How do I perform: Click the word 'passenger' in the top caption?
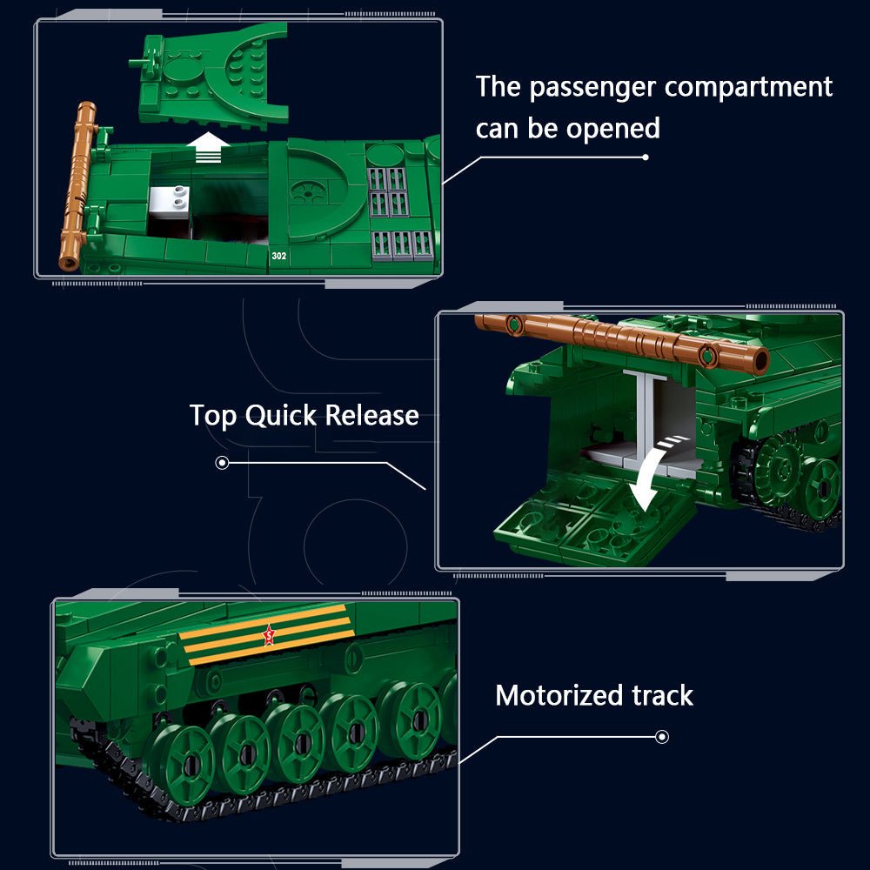coord(591,87)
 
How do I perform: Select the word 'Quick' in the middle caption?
coord(280,415)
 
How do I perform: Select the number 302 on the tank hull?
coord(278,256)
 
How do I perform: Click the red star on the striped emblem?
coord(268,637)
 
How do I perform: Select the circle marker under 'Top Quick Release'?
coord(222,463)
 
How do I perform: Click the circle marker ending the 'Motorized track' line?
coord(662,737)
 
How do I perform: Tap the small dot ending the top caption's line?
coord(645,157)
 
